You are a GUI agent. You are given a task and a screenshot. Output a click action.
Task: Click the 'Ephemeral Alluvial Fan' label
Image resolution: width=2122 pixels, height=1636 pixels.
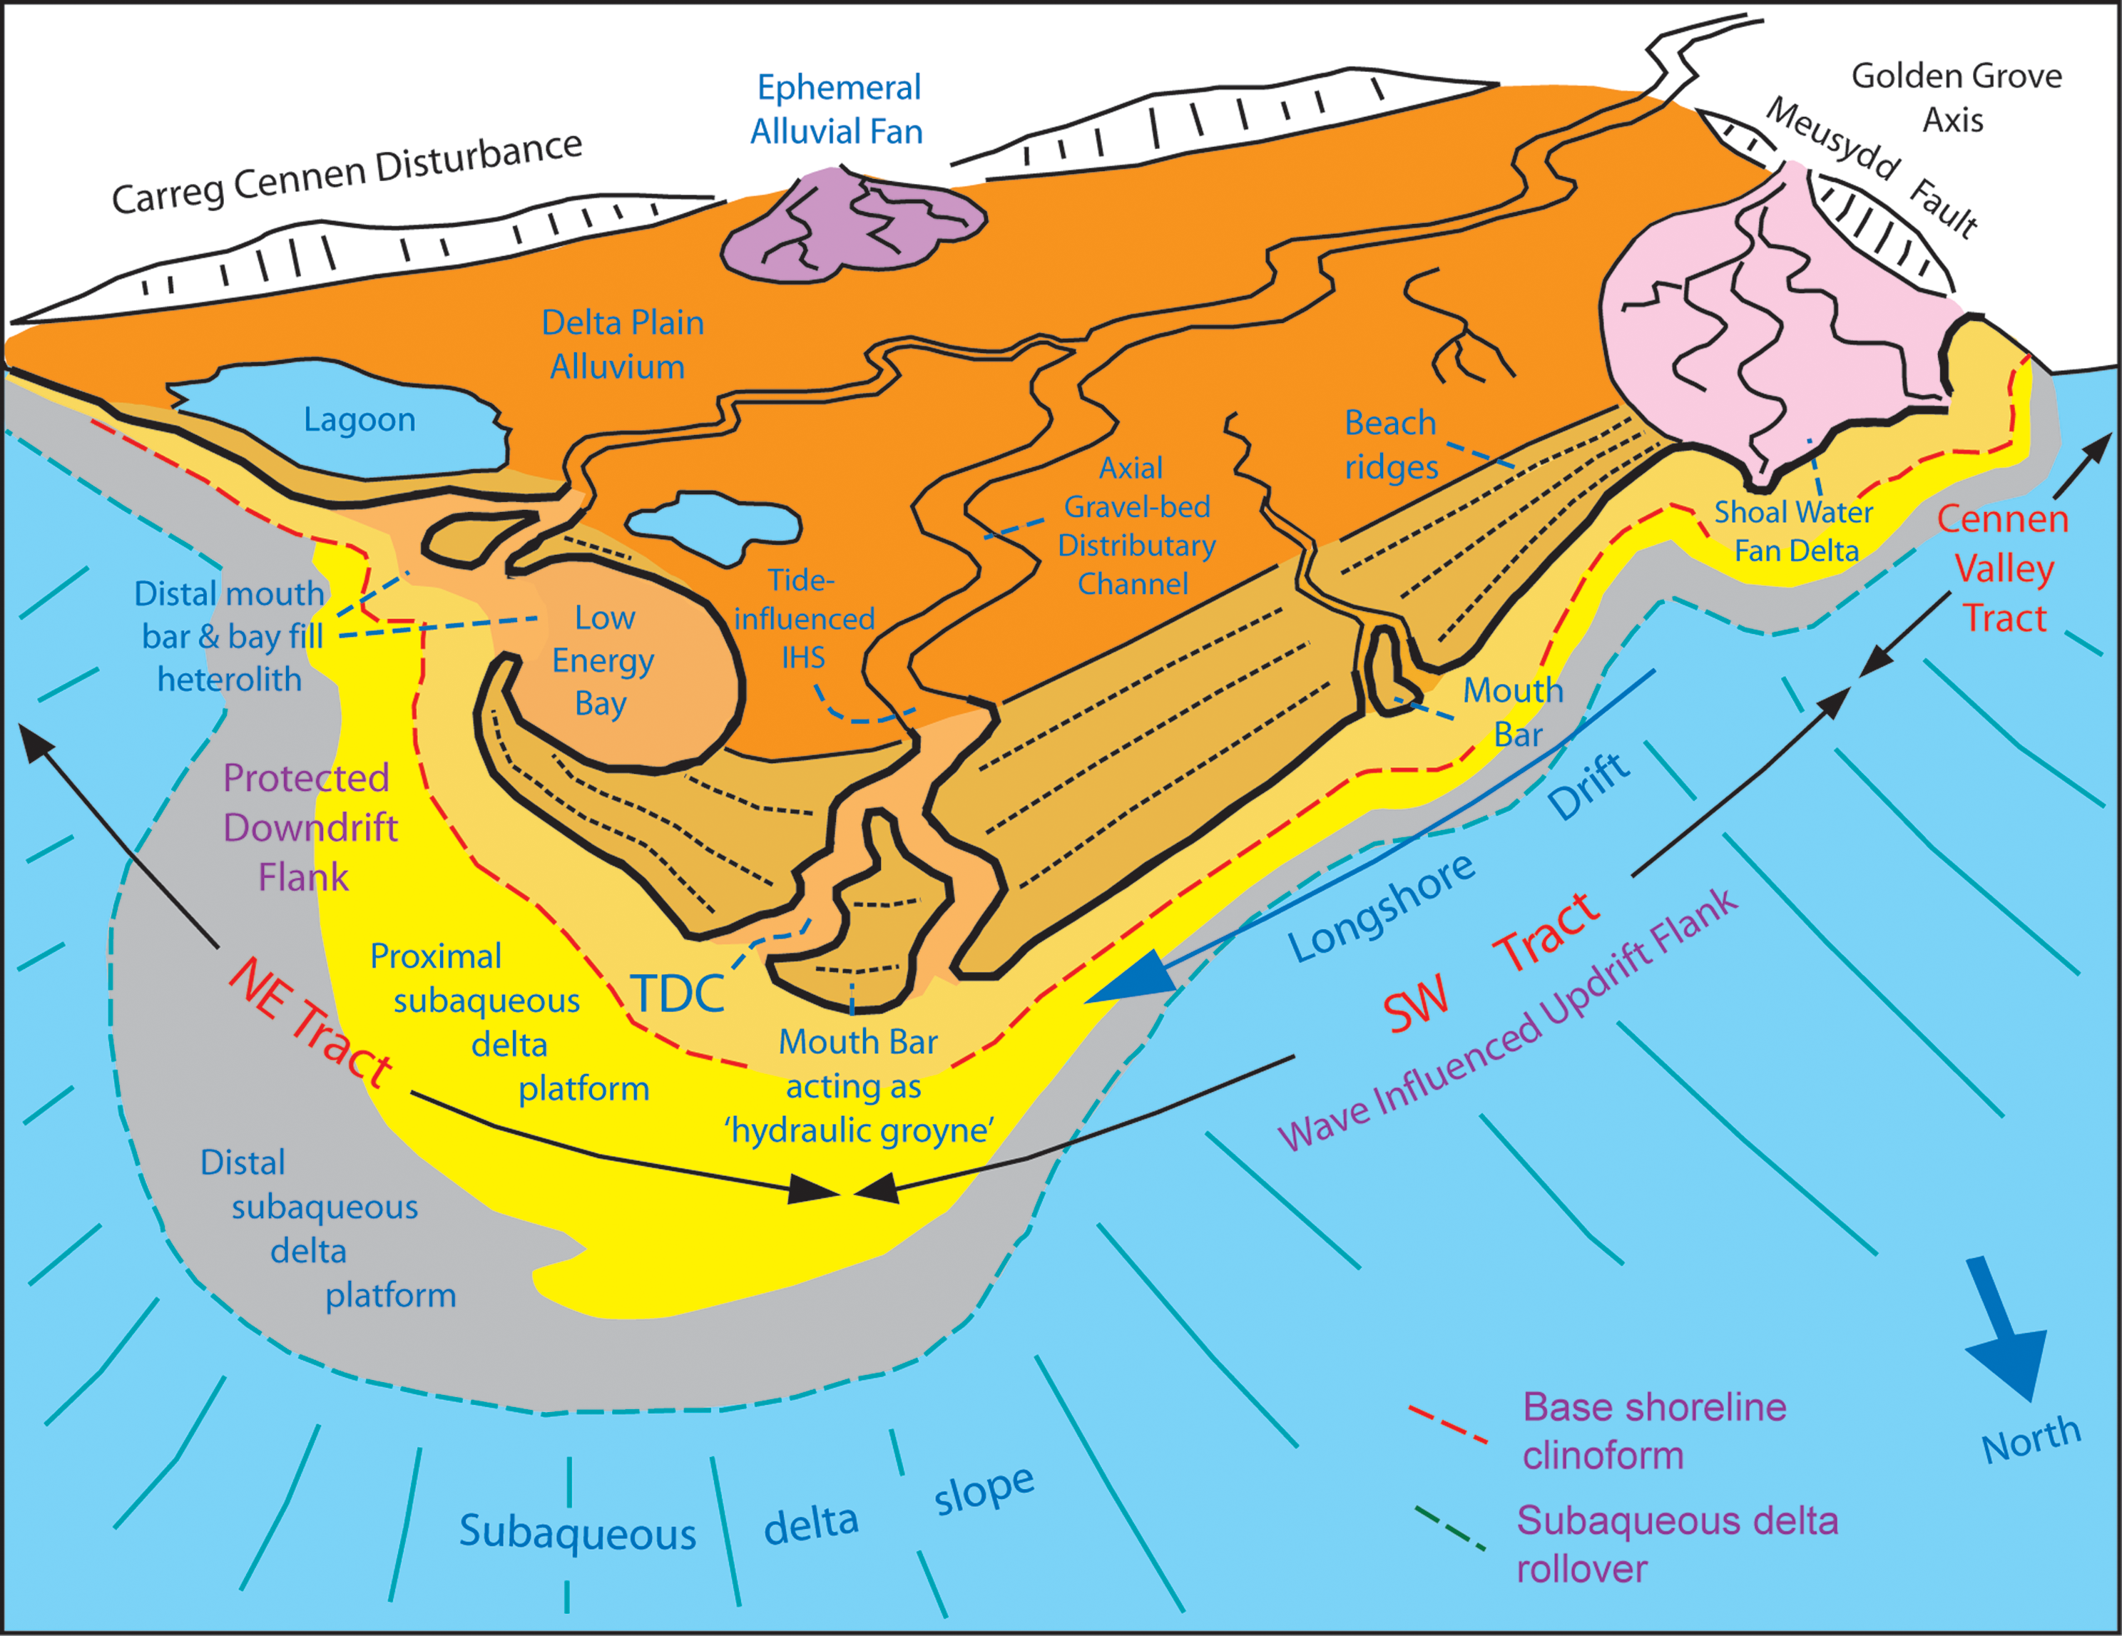coord(837,109)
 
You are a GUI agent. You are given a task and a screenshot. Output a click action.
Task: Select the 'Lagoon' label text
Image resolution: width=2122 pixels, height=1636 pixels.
coord(359,419)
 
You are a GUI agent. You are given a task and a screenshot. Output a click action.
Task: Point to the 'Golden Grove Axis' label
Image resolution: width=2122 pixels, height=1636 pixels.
coord(1955,97)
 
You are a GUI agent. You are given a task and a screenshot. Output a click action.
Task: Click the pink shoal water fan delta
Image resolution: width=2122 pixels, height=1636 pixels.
coord(1778,321)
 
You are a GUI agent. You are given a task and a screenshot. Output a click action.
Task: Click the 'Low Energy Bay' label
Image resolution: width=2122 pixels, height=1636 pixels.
coord(603,660)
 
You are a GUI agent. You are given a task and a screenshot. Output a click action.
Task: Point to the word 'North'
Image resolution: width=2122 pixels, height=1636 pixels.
coord(2031,1438)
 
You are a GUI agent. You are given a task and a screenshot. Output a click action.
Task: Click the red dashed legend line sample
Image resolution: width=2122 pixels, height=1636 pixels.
coord(1448,1423)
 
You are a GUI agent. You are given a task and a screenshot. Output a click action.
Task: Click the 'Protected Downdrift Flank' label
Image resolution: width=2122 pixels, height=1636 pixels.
coord(309,828)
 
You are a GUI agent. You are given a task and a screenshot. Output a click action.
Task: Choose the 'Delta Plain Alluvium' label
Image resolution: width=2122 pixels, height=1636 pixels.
coord(622,345)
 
